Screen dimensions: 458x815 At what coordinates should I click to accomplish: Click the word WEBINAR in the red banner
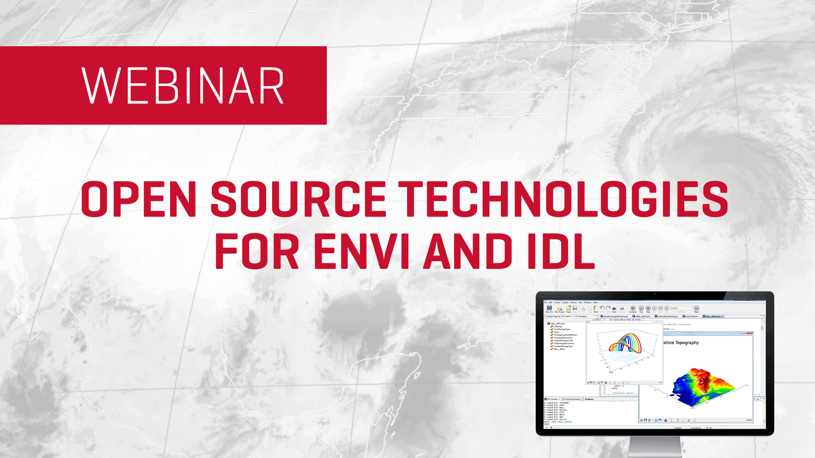tap(183, 86)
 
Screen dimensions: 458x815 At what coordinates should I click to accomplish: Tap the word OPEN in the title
tap(138, 199)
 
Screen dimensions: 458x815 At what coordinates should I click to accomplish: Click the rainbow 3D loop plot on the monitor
tap(625, 344)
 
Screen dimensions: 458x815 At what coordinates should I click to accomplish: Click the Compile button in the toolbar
tap(633, 309)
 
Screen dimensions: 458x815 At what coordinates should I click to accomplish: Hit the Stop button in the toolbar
tap(648, 309)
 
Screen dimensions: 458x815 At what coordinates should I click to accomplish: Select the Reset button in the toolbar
tap(697, 309)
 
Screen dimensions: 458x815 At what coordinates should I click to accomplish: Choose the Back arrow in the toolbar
tap(614, 309)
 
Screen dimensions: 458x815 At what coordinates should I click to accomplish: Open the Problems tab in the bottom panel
tap(589, 399)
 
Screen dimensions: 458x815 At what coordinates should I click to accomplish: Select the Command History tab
tap(572, 399)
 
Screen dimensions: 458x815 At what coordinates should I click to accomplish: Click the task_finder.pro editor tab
tap(691, 316)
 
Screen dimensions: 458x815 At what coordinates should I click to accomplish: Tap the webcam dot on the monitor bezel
tap(655, 294)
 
